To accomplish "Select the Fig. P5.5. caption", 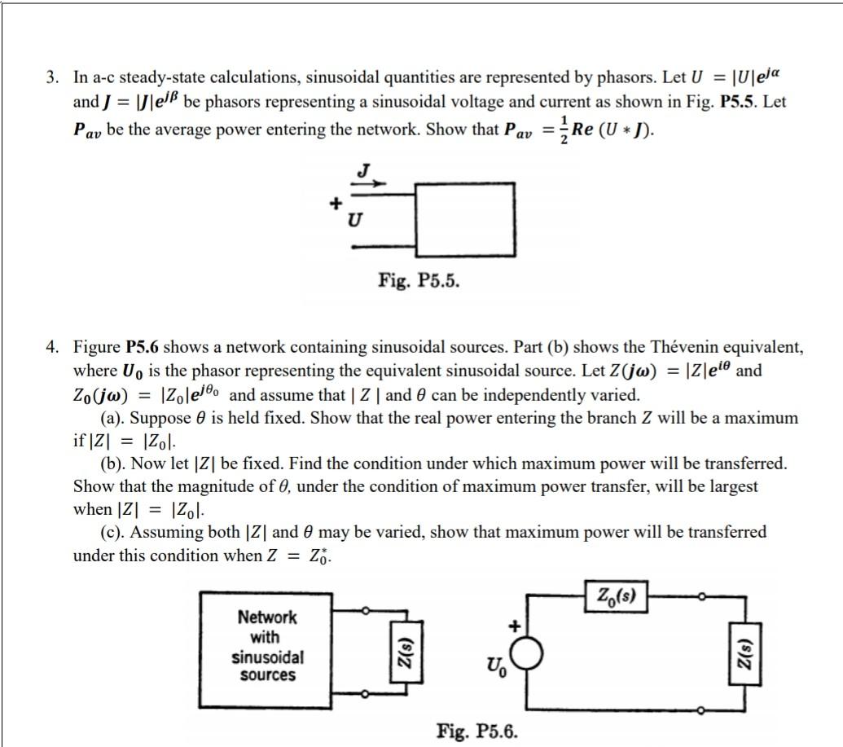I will click(419, 281).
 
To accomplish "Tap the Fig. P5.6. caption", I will click(476, 730).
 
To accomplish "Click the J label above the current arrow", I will click(363, 170).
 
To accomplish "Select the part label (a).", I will click(113, 418).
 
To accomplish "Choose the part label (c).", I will click(113, 533).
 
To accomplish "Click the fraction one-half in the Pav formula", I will click(563, 130).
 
